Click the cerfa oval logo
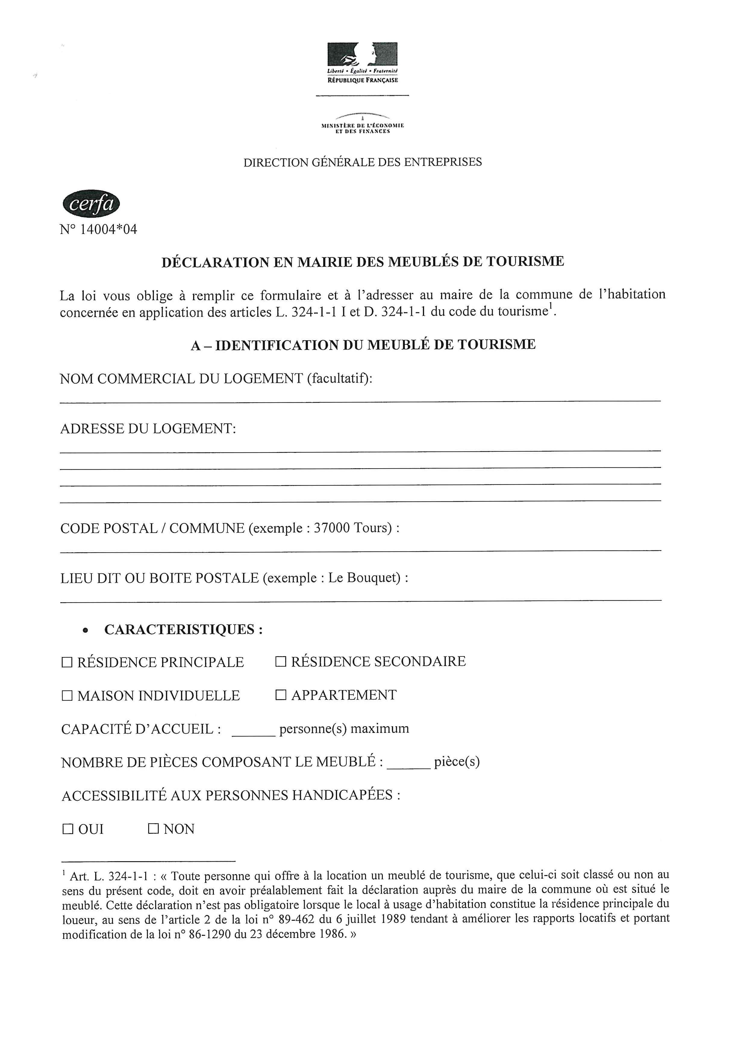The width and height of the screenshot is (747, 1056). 91,204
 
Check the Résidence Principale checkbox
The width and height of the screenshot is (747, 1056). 67,663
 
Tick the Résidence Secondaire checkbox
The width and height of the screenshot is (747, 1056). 281,662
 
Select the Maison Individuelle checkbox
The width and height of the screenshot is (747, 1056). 67,696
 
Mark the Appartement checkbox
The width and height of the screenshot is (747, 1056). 281,695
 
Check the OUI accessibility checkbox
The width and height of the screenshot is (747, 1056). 67,829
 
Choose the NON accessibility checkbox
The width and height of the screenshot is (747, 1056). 153,829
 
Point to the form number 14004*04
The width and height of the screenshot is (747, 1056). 108,229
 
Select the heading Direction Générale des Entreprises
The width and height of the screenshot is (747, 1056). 362,162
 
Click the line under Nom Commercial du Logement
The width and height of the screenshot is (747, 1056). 360,401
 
